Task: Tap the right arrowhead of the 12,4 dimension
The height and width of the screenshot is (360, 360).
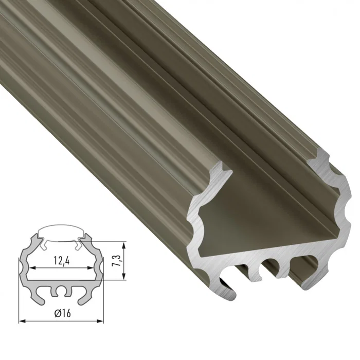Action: (95, 268)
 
